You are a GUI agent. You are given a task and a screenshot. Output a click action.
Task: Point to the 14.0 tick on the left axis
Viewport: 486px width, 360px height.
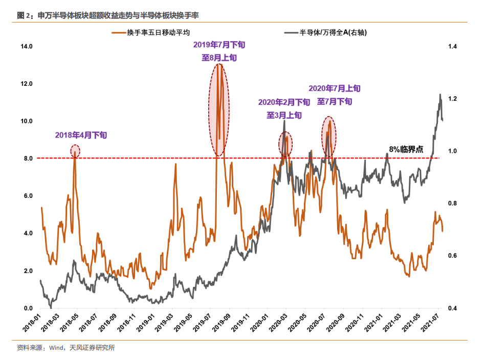(26, 47)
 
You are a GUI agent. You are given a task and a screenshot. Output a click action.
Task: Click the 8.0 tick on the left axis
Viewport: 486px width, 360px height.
(26, 159)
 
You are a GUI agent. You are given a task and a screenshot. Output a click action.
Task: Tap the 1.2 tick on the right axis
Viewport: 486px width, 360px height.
(453, 99)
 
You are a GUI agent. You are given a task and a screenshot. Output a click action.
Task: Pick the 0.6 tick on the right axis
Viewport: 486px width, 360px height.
(453, 256)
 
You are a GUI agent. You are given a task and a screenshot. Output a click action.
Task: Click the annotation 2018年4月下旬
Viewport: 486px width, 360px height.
(81, 135)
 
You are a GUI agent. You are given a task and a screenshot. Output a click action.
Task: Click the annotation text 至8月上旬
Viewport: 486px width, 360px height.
(219, 57)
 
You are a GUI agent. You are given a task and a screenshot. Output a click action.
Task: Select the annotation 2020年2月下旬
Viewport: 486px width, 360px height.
(284, 102)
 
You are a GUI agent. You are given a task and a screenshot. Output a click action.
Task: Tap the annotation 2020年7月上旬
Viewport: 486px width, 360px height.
(335, 88)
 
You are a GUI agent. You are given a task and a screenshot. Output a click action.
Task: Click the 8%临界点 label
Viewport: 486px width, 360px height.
(406, 149)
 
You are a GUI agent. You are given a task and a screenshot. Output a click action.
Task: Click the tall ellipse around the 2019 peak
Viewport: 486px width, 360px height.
(219, 109)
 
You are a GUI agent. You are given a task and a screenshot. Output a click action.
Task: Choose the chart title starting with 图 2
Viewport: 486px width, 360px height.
(108, 16)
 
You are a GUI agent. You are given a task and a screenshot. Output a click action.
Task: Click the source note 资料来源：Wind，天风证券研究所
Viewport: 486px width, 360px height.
(65, 348)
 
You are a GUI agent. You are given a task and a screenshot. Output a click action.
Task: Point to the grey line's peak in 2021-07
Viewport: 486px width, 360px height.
(439, 95)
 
